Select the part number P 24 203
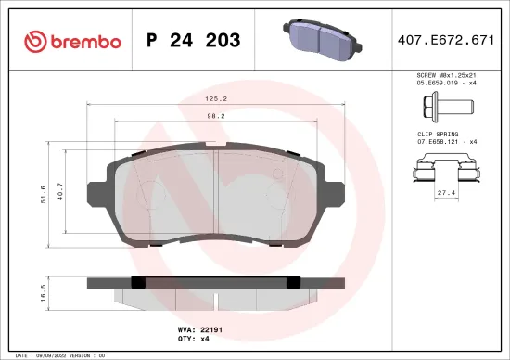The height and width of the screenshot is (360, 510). [x=194, y=41]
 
